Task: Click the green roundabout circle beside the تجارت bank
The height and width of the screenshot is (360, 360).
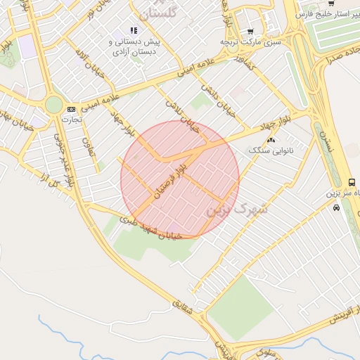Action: [x=53, y=105]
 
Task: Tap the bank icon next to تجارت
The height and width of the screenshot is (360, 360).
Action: [x=71, y=109]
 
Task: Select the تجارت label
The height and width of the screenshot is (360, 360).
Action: [x=71, y=120]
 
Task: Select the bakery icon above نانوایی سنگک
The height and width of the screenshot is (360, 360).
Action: [x=271, y=140]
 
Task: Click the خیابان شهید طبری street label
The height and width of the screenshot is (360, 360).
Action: [x=150, y=228]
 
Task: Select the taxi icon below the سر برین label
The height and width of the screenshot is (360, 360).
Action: [x=336, y=208]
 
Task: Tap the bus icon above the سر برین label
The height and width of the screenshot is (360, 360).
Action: [x=352, y=182]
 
